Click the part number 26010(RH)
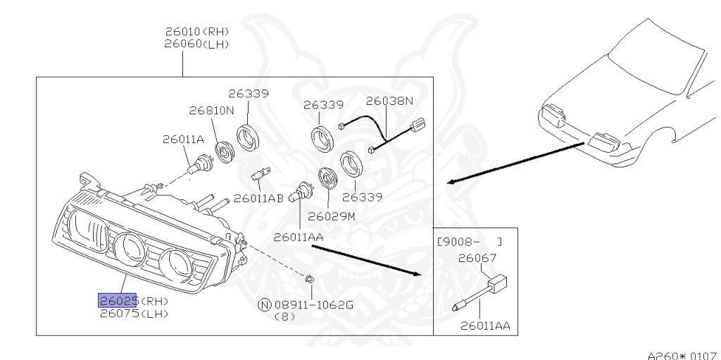pyautogui.click(x=197, y=32)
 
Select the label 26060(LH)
pyautogui.click(x=197, y=44)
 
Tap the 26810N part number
pyautogui.click(x=211, y=111)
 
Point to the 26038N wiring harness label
pyautogui.click(x=389, y=101)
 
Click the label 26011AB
pyautogui.click(x=258, y=199)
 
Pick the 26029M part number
pyautogui.click(x=332, y=216)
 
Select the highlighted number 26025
pyautogui.click(x=118, y=301)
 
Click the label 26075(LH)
pyautogui.click(x=134, y=314)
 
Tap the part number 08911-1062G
pyautogui.click(x=314, y=305)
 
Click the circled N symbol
pyautogui.click(x=265, y=305)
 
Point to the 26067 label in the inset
pyautogui.click(x=477, y=259)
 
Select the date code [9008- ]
pyautogui.click(x=470, y=242)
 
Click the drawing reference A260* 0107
pyautogui.click(x=683, y=355)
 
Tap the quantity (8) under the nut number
pyautogui.click(x=285, y=317)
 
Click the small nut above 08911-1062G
pyautogui.click(x=310, y=278)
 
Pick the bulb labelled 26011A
pyautogui.click(x=196, y=166)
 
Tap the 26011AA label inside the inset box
pyautogui.click(x=485, y=326)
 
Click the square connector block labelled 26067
pyautogui.click(x=496, y=284)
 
